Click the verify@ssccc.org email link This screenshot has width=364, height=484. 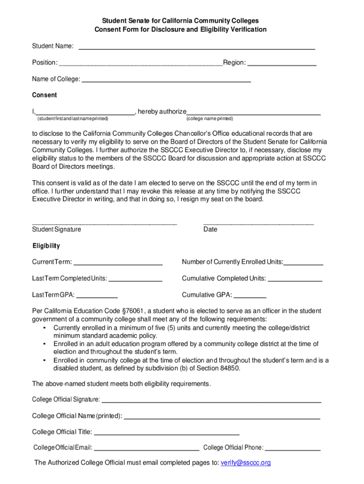click(x=245, y=463)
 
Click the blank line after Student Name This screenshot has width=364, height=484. click(x=197, y=48)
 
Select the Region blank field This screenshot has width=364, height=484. click(x=282, y=64)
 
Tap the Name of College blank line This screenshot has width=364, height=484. click(x=166, y=81)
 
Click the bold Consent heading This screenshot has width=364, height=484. click(x=44, y=95)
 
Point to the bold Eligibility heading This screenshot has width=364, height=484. click(x=46, y=246)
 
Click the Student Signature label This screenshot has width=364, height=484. click(x=56, y=229)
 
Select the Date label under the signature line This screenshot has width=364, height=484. click(x=210, y=229)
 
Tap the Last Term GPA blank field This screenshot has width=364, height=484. click(x=97, y=296)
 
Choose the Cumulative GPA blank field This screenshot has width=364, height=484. click(x=250, y=296)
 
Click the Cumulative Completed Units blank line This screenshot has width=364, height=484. click(x=295, y=280)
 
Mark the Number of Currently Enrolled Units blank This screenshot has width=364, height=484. click(x=303, y=263)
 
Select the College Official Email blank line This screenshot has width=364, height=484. click(x=147, y=449)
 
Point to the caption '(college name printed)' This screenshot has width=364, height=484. click(x=209, y=118)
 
